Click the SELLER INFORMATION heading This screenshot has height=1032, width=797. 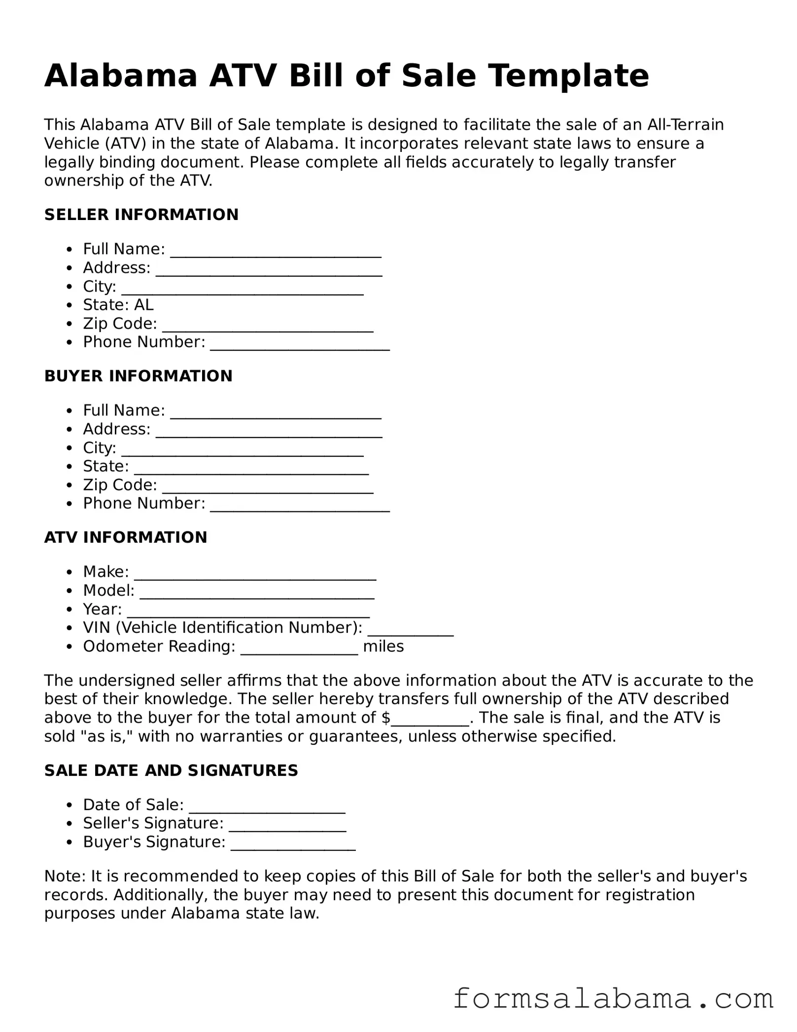pyautogui.click(x=141, y=215)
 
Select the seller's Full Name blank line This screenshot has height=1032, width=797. pyautogui.click(x=276, y=252)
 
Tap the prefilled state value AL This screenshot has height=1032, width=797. pyautogui.click(x=144, y=305)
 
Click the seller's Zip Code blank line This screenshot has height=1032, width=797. pyautogui.click(x=268, y=327)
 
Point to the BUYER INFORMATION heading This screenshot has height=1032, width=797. pyautogui.click(x=138, y=376)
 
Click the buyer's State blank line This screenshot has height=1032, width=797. pyautogui.click(x=251, y=469)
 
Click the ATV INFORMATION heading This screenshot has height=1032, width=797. pyautogui.click(x=126, y=537)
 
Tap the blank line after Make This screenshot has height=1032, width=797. pyautogui.click(x=255, y=575)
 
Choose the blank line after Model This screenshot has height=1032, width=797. pyautogui.click(x=257, y=593)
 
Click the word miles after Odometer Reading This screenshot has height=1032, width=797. pyautogui.click(x=383, y=646)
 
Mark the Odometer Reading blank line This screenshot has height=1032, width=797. pyautogui.click(x=299, y=649)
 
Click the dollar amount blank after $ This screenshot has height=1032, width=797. pyautogui.click(x=430, y=721)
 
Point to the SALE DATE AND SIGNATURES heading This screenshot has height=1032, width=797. pyautogui.click(x=171, y=771)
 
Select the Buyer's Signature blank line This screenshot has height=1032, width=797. pyautogui.click(x=293, y=845)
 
